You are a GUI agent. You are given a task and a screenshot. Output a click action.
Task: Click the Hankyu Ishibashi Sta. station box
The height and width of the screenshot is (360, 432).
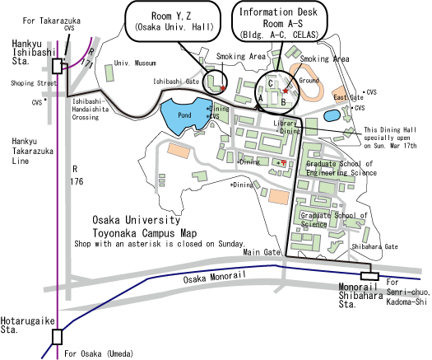(x=57, y=66)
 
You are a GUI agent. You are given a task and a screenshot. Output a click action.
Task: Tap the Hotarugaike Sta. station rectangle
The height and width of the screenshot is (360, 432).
(x=57, y=337)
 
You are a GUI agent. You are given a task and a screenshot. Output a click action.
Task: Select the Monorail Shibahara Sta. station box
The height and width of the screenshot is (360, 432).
(x=369, y=276)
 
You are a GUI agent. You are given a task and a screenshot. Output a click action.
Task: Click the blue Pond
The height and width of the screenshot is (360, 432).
(x=183, y=115)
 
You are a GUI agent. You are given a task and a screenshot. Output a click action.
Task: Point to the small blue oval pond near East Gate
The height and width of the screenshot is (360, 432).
(x=332, y=115)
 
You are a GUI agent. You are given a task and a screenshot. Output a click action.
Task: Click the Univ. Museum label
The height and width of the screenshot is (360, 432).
(x=135, y=63)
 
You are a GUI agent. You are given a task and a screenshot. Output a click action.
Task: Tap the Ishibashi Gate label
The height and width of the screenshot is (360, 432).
(x=176, y=82)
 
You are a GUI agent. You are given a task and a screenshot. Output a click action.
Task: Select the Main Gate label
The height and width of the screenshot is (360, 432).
(x=262, y=252)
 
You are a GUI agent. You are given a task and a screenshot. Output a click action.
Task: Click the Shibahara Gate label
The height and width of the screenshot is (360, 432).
(x=374, y=246)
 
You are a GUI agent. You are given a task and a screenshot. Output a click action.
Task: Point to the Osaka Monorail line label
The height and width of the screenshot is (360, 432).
(x=214, y=277)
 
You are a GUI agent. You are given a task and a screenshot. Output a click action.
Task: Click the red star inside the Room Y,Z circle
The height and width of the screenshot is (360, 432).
(x=223, y=88)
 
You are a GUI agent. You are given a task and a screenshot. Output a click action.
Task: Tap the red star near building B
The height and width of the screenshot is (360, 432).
(x=286, y=91)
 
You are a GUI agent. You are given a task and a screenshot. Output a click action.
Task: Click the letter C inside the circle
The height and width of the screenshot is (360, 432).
(x=271, y=83)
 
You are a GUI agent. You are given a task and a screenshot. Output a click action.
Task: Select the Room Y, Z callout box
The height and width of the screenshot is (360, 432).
(x=173, y=21)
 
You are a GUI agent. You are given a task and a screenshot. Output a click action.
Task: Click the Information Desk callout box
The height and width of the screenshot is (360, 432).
(x=280, y=21)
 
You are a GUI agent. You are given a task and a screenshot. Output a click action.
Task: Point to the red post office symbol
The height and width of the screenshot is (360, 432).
(x=284, y=163)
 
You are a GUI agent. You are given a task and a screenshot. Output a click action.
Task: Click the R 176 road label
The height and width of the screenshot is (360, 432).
(x=77, y=175)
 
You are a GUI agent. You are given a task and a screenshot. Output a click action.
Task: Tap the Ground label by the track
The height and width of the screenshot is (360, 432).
(x=309, y=80)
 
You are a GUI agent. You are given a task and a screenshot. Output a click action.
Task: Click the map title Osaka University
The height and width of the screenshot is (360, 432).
(x=137, y=220)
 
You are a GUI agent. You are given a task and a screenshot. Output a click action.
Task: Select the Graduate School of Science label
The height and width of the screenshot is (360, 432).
(x=333, y=220)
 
